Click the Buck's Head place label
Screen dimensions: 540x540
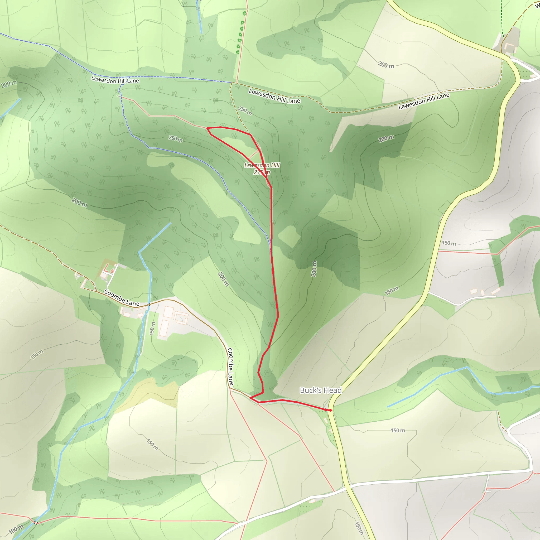pyautogui.click(x=321, y=390)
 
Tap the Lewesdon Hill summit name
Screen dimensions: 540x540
pyautogui.click(x=262, y=165)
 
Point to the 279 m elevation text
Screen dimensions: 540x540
pyautogui.click(x=262, y=172)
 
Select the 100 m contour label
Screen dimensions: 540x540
pyautogui.click(x=16, y=529)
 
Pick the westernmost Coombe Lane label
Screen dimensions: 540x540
pyautogui.click(x=122, y=298)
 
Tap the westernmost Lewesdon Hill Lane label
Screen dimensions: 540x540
pyautogui.click(x=115, y=80)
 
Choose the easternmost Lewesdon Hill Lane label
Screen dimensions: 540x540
pyautogui.click(x=424, y=101)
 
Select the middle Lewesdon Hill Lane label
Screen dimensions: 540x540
pyautogui.click(x=274, y=96)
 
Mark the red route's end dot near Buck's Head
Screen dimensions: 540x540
pyautogui.click(x=330, y=410)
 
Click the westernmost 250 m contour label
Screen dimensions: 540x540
pyautogui.click(x=176, y=139)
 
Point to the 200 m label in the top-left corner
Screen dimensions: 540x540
pyautogui.click(x=9, y=84)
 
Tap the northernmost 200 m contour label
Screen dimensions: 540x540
pyautogui.click(x=386, y=65)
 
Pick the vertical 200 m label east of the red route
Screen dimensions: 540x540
pyautogui.click(x=314, y=269)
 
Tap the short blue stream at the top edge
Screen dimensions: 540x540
pyautogui.click(x=200, y=17)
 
